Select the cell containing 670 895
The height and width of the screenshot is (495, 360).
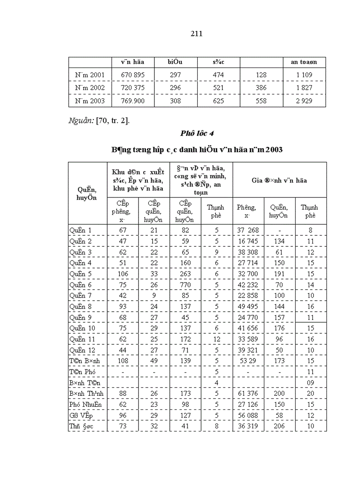133,75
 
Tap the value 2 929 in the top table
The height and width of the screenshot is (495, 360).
304,101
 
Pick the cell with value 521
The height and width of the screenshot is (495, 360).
218,88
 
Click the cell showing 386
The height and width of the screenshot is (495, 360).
261,88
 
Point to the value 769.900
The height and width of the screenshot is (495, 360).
133,101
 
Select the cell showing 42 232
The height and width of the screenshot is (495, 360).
248,285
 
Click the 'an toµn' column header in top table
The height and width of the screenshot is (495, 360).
304,62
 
